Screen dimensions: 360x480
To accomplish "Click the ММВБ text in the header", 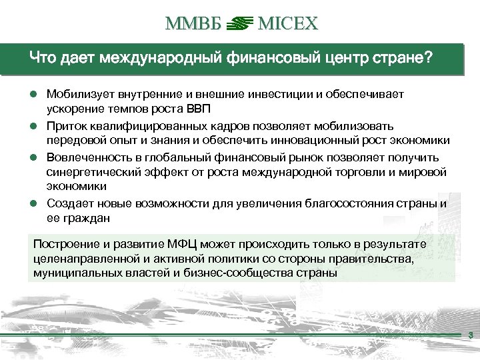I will pyautogui.click(x=190, y=25).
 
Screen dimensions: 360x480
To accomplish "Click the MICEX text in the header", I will pyautogui.click(x=289, y=25).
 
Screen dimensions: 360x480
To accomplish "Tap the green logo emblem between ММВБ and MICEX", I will pyautogui.click(x=238, y=25).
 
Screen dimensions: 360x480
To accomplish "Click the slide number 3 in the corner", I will pyautogui.click(x=471, y=335).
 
